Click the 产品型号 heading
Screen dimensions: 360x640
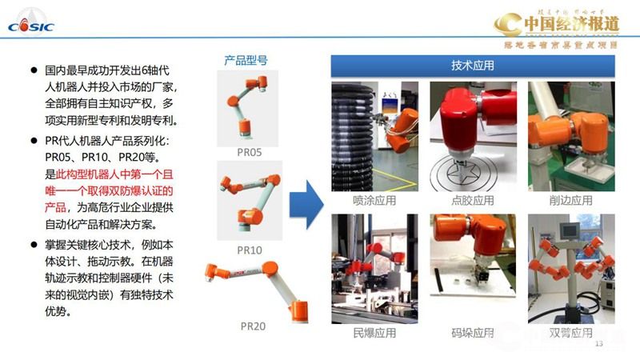tap(245, 60)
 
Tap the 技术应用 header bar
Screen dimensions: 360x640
tap(473, 65)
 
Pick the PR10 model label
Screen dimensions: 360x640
tap(250, 250)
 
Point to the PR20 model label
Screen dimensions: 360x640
tap(253, 326)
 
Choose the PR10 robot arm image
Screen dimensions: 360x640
tap(250, 203)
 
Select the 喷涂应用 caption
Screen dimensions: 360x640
tap(374, 201)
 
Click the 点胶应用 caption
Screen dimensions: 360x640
tap(473, 201)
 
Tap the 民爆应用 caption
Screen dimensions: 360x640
tap(374, 333)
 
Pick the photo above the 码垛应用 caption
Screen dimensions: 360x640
tap(473, 268)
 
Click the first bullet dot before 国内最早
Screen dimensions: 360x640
tap(34, 70)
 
